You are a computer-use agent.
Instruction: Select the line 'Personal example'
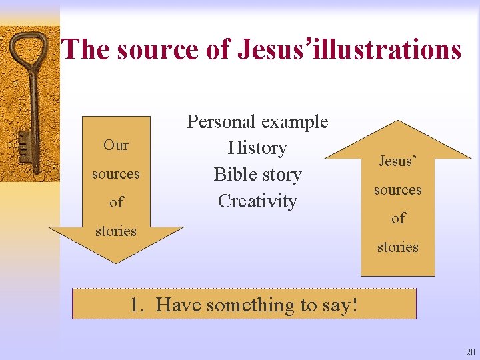pyautogui.click(x=257, y=121)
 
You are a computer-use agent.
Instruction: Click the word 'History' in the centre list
pyautogui.click(x=257, y=148)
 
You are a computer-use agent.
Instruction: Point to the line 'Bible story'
pyautogui.click(x=257, y=175)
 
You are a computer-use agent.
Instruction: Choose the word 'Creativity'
pyautogui.click(x=257, y=201)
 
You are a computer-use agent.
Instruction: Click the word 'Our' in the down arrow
pyautogui.click(x=116, y=145)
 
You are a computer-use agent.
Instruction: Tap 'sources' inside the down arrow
pyautogui.click(x=116, y=174)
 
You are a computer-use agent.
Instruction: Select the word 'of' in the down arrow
pyautogui.click(x=116, y=202)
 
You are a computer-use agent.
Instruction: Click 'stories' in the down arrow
pyautogui.click(x=116, y=231)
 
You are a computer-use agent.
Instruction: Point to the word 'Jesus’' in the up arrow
pyautogui.click(x=397, y=161)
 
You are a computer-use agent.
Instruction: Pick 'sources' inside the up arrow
pyautogui.click(x=397, y=190)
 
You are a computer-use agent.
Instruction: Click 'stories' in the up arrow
pyautogui.click(x=397, y=247)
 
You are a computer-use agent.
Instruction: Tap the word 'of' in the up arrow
pyautogui.click(x=397, y=218)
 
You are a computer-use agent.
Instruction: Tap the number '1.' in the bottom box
pyautogui.click(x=139, y=305)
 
